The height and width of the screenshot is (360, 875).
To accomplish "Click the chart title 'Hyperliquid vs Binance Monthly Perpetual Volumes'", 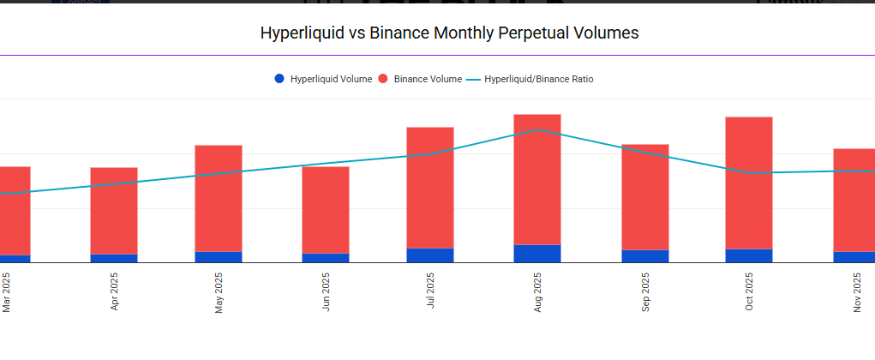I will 450,33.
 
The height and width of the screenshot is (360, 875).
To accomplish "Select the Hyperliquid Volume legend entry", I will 323,79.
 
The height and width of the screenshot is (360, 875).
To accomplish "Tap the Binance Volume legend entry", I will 420,79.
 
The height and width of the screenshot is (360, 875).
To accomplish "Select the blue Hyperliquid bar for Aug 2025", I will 537,254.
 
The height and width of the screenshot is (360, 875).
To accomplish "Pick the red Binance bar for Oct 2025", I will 749,183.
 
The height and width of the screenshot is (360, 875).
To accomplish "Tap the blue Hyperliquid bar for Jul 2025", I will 430,255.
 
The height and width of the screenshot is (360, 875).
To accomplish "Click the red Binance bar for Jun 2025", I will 326,209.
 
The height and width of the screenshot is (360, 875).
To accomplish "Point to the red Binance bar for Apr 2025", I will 114,210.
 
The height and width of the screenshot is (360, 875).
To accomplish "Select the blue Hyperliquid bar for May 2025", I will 219,257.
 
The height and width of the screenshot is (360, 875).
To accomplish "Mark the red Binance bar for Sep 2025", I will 645,197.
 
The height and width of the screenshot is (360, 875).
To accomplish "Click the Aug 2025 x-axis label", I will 537,293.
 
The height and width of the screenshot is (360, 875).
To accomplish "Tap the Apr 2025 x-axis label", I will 114,293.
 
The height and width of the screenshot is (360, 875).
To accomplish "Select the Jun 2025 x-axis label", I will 326,293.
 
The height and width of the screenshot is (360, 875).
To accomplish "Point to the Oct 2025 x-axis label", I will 749,293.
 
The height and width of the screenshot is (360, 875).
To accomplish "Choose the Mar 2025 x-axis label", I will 7,293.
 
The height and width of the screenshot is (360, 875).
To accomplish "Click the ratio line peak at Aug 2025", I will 537,130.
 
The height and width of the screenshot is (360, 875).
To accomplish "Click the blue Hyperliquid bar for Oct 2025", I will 749,255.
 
